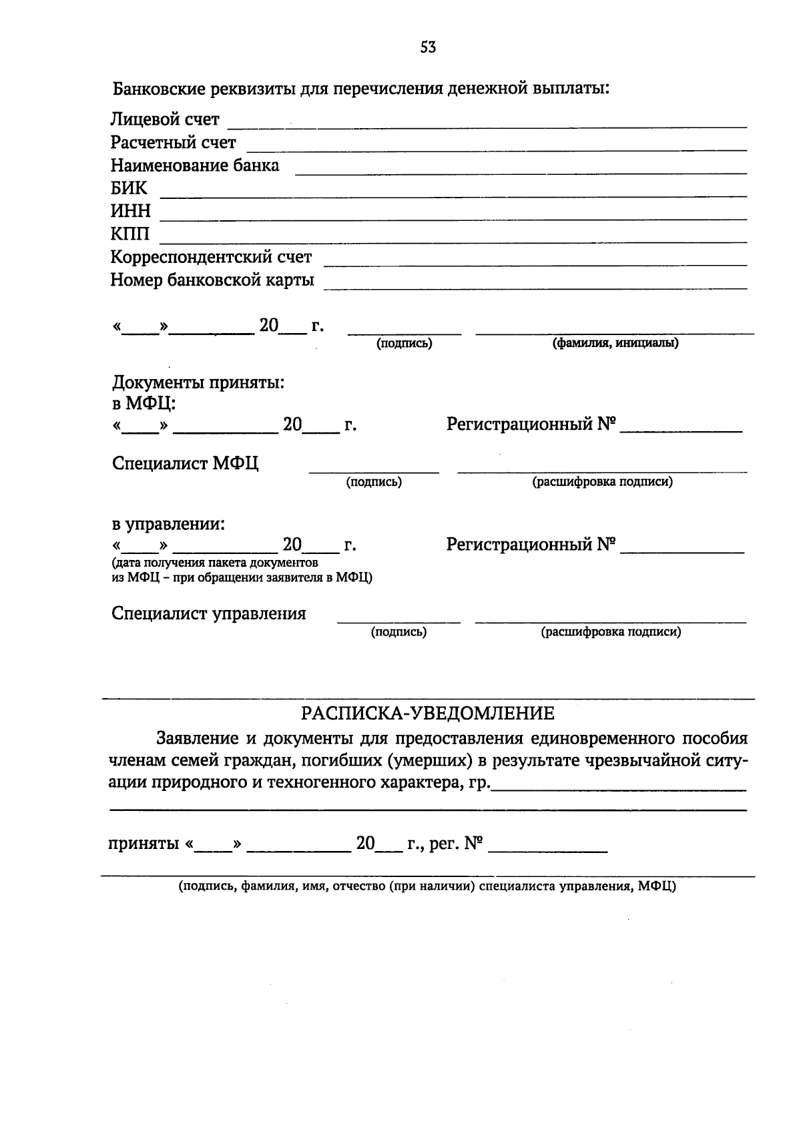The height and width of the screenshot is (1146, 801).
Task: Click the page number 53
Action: tap(428, 47)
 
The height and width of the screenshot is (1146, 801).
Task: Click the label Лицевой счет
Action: tap(165, 120)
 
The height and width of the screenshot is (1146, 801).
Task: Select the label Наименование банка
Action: tap(195, 166)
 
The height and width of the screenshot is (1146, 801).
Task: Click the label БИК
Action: tap(129, 188)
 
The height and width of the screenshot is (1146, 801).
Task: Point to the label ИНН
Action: tap(131, 212)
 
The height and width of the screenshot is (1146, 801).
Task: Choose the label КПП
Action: tap(130, 234)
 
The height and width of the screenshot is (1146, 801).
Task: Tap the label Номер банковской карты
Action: tap(212, 280)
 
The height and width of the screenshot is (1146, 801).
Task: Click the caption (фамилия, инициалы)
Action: tap(615, 344)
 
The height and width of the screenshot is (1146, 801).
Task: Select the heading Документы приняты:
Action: tap(198, 383)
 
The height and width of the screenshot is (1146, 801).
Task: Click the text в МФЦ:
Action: tap(144, 403)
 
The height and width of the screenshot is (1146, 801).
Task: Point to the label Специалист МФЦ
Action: tap(186, 464)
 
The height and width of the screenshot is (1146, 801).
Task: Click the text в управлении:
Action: tap(168, 524)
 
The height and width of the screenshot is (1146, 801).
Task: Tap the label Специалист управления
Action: tap(209, 614)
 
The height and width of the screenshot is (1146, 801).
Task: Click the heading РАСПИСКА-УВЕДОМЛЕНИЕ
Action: tap(428, 714)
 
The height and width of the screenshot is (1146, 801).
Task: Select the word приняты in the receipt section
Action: tap(144, 844)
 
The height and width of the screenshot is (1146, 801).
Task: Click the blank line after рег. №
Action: tap(548, 850)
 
